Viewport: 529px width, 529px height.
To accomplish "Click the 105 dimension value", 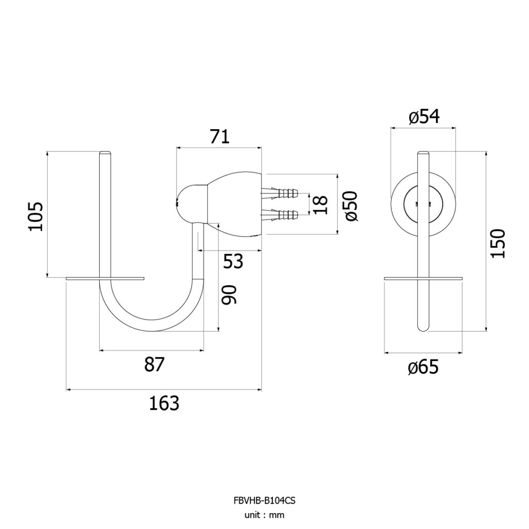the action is (36, 216).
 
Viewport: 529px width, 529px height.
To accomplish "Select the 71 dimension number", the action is (220, 136).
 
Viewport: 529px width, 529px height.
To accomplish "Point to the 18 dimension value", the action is (320, 205).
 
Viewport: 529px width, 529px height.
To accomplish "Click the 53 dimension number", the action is (233, 261).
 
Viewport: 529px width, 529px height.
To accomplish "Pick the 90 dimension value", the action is (229, 294).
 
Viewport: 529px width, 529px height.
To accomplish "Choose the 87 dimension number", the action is (154, 364).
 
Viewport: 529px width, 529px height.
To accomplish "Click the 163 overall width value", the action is (164, 403).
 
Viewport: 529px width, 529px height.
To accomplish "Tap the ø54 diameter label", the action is (424, 117).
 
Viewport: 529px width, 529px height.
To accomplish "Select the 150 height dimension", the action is (498, 244).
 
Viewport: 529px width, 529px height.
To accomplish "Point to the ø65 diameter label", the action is (423, 367).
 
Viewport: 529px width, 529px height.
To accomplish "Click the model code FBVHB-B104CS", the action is (264, 500).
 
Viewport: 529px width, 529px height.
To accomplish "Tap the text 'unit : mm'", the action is (264, 515).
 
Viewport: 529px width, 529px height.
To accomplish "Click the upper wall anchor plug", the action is (279, 194).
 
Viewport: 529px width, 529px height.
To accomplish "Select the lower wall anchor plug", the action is (279, 214).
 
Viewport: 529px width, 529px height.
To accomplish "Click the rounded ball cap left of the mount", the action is (191, 204).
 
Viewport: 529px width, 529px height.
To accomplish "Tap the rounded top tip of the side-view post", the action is (105, 152).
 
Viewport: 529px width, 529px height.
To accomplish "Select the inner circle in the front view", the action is (424, 188).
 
